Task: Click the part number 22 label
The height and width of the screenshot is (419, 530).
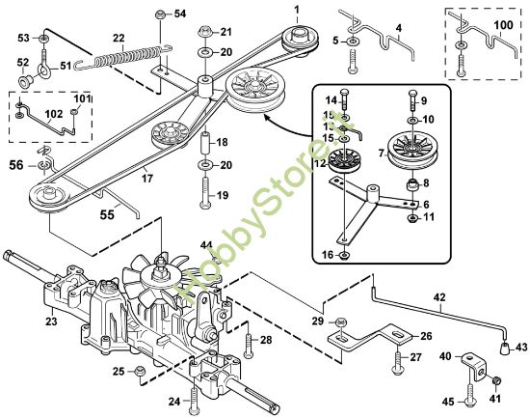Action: tap(119, 38)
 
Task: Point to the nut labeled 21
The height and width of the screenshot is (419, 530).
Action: tap(204, 32)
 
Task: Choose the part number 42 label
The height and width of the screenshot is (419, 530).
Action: tap(439, 298)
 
